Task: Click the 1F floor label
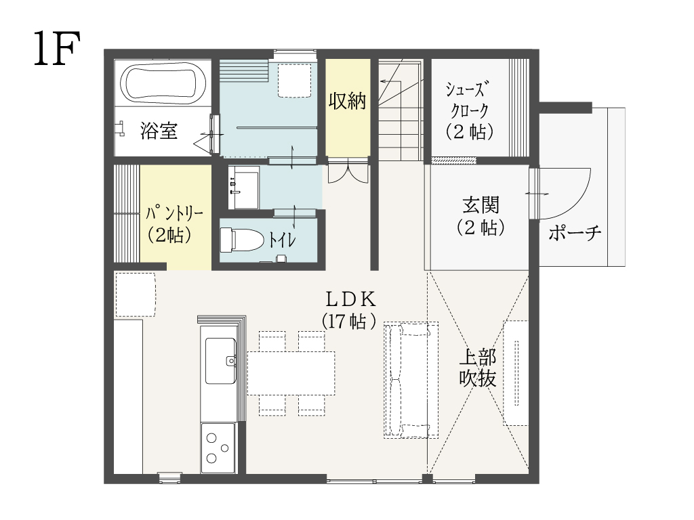coord(57,48)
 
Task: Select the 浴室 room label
coord(159,131)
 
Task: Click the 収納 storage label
coord(348,101)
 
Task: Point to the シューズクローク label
coord(469,110)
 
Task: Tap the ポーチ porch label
coord(575,233)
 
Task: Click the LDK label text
coord(350,300)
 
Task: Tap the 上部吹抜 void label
coord(478,368)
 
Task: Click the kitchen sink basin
coord(220,361)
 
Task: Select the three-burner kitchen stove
coord(218,448)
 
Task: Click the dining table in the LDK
coord(291,373)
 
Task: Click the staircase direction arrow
coord(390,81)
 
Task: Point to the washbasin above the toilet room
coord(243,188)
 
